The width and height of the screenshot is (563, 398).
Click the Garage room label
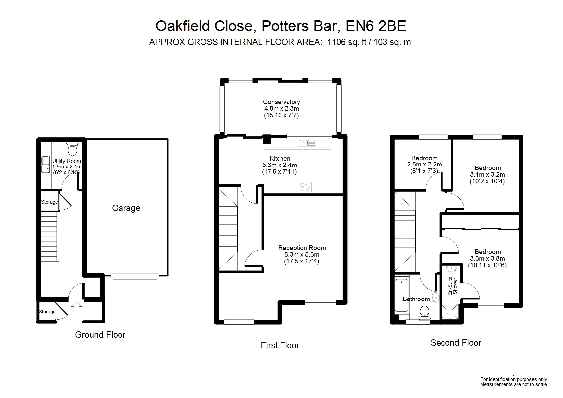pyautogui.click(x=126, y=208)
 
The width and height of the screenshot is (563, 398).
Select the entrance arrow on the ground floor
pyautogui.click(x=77, y=306)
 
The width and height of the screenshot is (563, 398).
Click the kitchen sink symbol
pyautogui.click(x=307, y=143)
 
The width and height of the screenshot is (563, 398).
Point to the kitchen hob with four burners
pyautogui.click(x=305, y=187)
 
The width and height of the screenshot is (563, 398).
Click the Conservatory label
pyautogui.click(x=281, y=102)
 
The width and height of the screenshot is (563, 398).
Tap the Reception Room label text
pyautogui.click(x=302, y=248)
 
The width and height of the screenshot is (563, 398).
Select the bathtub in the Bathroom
pyautogui.click(x=402, y=296)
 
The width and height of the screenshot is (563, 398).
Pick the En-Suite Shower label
pyautogui.click(x=452, y=286)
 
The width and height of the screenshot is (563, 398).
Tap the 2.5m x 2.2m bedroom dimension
pyautogui.click(x=424, y=165)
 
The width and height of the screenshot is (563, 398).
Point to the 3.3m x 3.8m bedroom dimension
pyautogui.click(x=487, y=259)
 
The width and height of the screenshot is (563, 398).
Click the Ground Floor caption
pyautogui.click(x=100, y=335)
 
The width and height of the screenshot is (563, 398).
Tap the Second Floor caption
pyautogui.click(x=456, y=343)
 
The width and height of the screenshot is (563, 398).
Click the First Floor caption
pyautogui.click(x=280, y=345)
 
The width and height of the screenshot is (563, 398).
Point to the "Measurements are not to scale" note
pyautogui.click(x=513, y=384)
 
